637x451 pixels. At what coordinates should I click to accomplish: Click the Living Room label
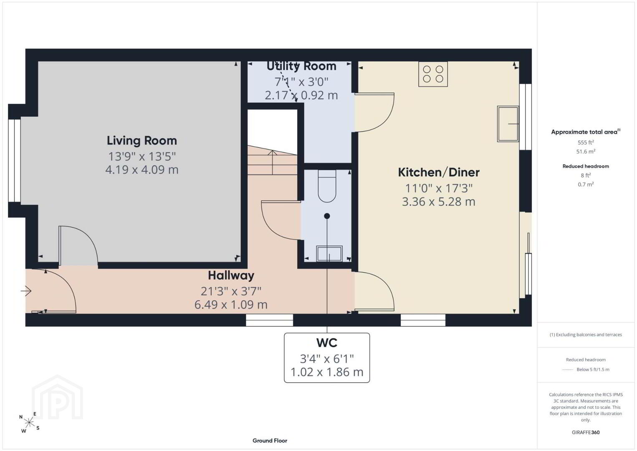click(x=142, y=141)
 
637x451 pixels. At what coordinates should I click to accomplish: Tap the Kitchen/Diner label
click(x=438, y=172)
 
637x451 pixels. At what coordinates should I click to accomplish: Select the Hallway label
click(x=231, y=276)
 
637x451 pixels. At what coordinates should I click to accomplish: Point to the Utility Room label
click(x=301, y=66)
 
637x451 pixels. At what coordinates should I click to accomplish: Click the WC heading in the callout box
click(x=327, y=343)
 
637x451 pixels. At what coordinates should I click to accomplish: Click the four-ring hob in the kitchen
click(x=433, y=74)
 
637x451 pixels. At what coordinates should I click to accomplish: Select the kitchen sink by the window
click(x=508, y=124)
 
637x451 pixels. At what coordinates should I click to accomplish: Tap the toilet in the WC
click(x=327, y=186)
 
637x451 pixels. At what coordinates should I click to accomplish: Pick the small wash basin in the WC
click(x=329, y=253)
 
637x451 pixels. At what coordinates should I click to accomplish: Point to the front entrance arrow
click(x=26, y=291)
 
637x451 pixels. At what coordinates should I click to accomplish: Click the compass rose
click(x=29, y=423)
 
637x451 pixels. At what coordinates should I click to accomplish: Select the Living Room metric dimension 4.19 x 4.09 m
click(x=142, y=170)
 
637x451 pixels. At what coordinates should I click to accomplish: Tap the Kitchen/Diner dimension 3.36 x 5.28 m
click(x=438, y=202)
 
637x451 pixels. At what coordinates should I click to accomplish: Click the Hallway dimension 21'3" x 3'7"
click(x=231, y=291)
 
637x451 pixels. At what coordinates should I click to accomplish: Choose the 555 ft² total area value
click(x=586, y=142)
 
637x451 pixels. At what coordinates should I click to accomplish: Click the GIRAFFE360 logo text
click(x=586, y=433)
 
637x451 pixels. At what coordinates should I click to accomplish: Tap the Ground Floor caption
click(x=270, y=441)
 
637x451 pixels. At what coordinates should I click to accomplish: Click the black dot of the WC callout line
click(x=327, y=216)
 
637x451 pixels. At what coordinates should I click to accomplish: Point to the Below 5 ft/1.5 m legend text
click(x=593, y=370)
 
